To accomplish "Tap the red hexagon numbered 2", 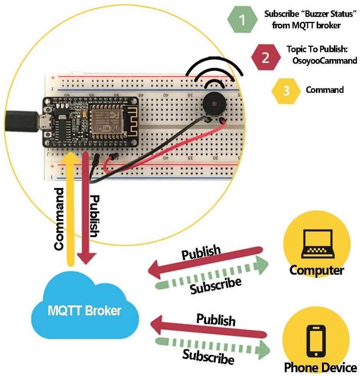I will pyautogui.click(x=266, y=57).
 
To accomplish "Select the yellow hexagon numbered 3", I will pyautogui.click(x=286, y=90).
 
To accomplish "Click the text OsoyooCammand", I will pyautogui.click(x=324, y=61).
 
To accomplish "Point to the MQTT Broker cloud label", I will pyautogui.click(x=84, y=311).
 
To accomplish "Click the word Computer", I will pyautogui.click(x=317, y=270).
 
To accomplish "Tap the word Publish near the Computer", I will pyautogui.click(x=201, y=252).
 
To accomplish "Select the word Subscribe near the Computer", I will pyautogui.click(x=216, y=285).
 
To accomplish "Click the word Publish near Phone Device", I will pyautogui.click(x=216, y=319).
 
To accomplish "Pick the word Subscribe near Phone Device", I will pyautogui.click(x=208, y=356).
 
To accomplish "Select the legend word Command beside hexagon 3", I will pyautogui.click(x=325, y=90).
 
